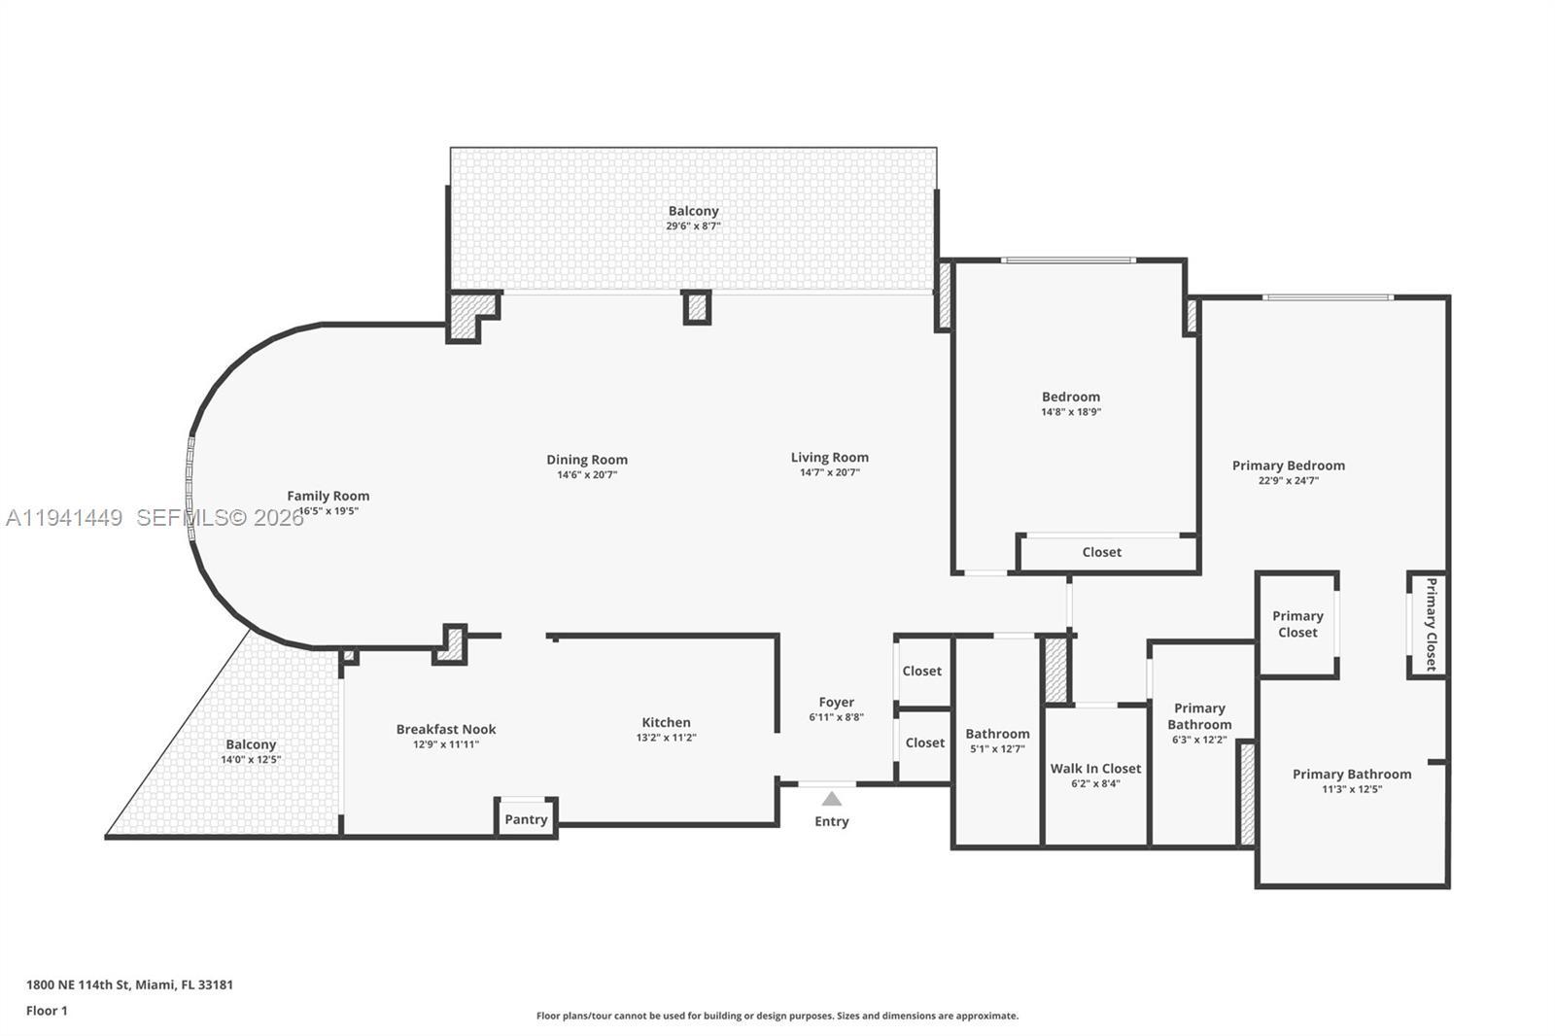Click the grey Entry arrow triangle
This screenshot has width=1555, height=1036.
tap(832, 799)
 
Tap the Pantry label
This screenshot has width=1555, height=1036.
tap(526, 819)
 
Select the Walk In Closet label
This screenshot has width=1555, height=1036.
tap(1095, 769)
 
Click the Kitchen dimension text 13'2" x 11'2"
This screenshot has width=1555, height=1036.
tap(667, 738)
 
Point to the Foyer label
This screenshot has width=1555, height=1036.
tap(837, 703)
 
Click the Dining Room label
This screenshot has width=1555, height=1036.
tap(587, 460)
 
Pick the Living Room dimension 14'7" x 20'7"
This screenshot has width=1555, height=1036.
tap(830, 472)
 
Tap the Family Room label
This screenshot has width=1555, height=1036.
tap(328, 496)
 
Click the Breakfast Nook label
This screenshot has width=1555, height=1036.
tap(446, 729)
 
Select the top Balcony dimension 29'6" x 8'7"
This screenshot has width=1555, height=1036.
tap(693, 225)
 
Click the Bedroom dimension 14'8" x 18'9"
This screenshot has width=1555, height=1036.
tap(1071, 412)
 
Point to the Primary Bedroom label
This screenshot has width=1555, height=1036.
tap(1289, 466)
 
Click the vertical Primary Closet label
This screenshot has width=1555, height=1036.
tap(1431, 624)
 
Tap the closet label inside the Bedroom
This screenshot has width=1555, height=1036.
tap(1102, 552)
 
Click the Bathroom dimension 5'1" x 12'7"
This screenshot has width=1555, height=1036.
tap(997, 748)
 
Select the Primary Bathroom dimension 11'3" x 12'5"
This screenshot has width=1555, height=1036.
tap(1352, 789)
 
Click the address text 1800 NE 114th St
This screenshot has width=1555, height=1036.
tap(77, 984)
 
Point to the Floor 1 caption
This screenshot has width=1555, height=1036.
tap(47, 1011)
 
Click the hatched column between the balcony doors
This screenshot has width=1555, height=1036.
tap(697, 308)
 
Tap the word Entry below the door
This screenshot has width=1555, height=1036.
tap(832, 821)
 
